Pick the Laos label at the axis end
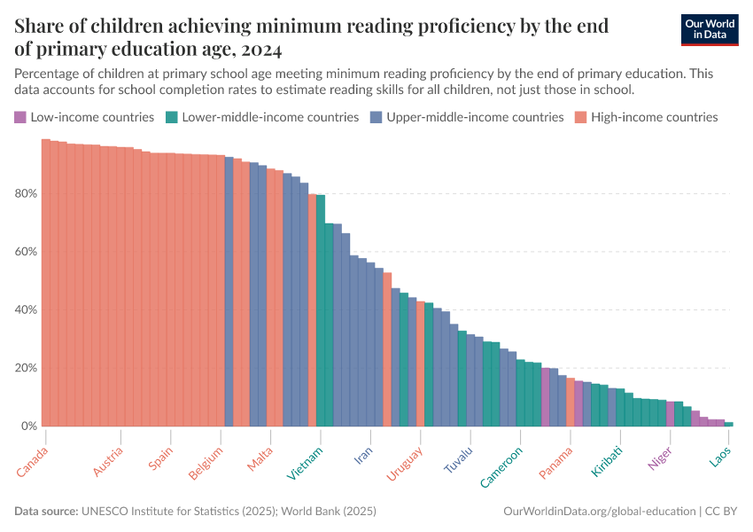point(720,458)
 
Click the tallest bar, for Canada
point(46,284)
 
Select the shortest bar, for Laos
point(729,424)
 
